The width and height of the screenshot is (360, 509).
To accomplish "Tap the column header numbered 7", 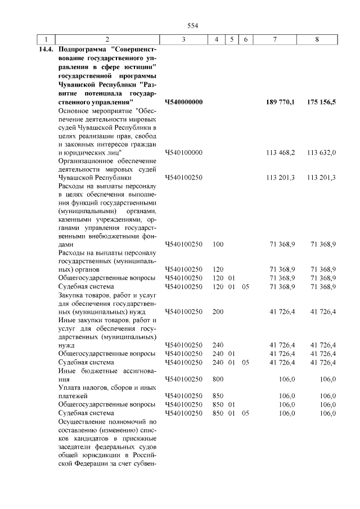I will (274, 39).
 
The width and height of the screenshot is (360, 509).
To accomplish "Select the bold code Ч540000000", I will (183, 102).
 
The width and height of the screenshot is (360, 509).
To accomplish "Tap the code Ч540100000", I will (183, 152).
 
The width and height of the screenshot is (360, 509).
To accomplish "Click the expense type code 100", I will (218, 245).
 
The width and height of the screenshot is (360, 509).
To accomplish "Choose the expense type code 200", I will (218, 311).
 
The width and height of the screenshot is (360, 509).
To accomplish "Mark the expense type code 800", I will (218, 379).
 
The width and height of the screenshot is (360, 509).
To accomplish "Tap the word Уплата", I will (71, 387).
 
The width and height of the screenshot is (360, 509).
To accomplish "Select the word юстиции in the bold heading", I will (137, 67).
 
